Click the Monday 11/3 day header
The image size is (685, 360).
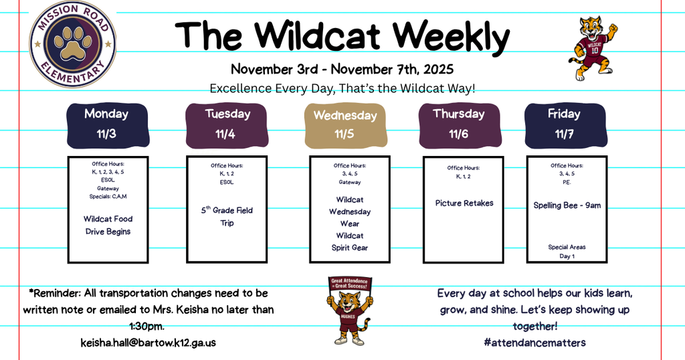(x=106, y=124)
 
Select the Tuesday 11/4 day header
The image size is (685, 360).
(x=227, y=124)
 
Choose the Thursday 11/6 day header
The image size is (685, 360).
(x=459, y=124)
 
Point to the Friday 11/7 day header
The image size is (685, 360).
(x=564, y=124)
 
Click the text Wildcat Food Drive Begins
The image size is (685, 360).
(x=108, y=225)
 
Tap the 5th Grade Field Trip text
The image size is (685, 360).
(x=227, y=216)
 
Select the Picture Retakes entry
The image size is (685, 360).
(x=464, y=203)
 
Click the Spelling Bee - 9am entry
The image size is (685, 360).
(x=567, y=205)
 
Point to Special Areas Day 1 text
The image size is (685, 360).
(x=567, y=252)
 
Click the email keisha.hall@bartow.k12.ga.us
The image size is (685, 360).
(x=148, y=343)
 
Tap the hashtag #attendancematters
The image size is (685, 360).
(x=534, y=342)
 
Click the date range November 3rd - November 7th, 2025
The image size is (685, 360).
(x=342, y=69)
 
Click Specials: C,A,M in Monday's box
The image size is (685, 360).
(x=108, y=197)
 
